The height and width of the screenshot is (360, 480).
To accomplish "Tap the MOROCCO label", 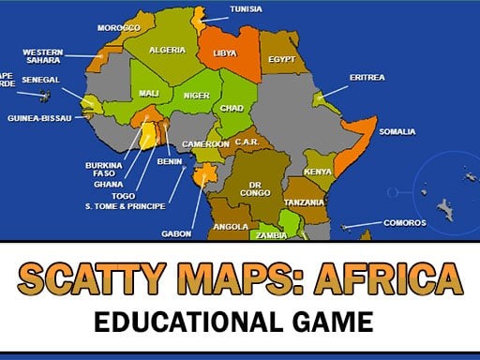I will (118, 27).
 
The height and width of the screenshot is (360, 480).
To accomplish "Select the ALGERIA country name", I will (168, 49).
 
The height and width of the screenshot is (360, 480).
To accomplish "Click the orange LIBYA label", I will (225, 53).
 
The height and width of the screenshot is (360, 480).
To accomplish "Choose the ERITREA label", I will (367, 77).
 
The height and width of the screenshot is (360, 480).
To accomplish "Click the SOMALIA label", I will (397, 131).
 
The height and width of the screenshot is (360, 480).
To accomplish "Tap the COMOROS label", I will (405, 223).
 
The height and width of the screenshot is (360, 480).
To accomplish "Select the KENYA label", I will (319, 172).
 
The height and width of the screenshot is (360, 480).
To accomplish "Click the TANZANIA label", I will (305, 202).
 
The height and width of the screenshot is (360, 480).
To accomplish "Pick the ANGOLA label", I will (231, 226).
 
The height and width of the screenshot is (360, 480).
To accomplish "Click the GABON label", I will (177, 232).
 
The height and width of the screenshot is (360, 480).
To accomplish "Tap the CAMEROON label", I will (205, 143).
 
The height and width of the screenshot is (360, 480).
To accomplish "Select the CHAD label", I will (231, 108).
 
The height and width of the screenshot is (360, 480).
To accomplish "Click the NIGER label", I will (196, 95).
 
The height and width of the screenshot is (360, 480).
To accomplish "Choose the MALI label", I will (148, 93).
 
